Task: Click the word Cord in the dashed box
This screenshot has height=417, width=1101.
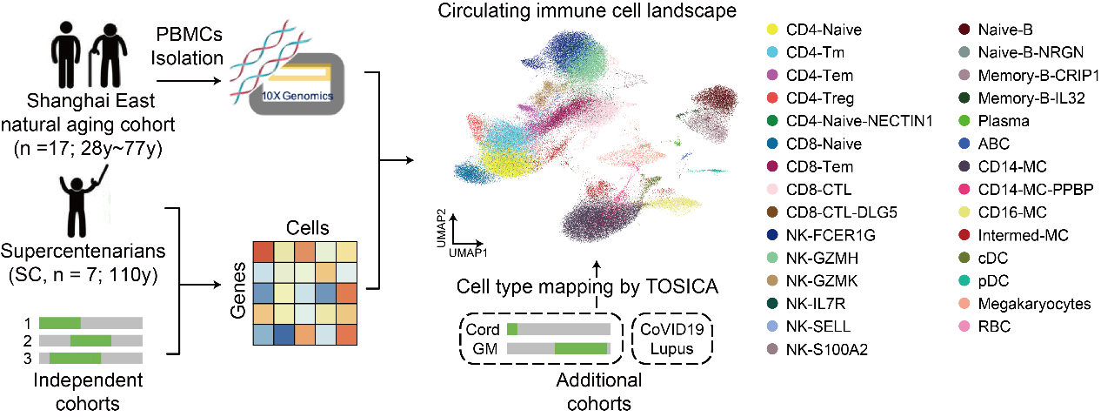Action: pos(484,329)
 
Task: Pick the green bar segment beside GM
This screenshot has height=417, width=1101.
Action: pos(580,349)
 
